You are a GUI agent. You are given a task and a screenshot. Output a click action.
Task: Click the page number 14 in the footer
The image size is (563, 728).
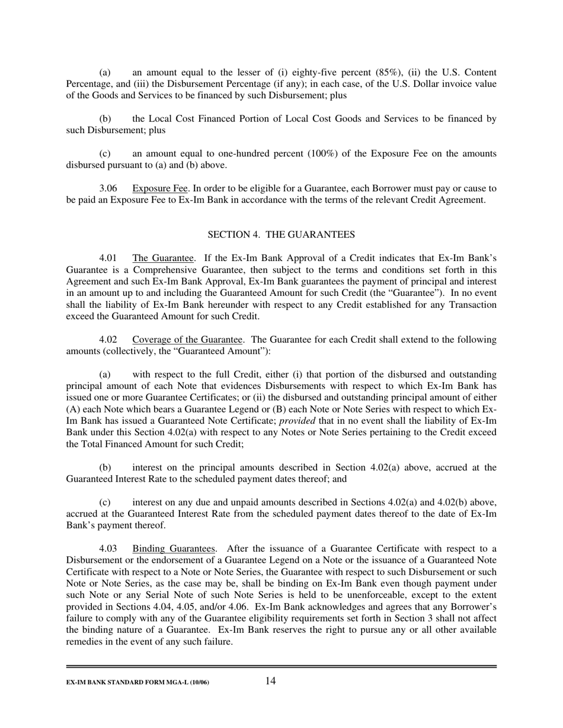point(270,681)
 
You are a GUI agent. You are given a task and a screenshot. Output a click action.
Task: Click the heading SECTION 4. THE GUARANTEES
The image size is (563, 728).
point(281,235)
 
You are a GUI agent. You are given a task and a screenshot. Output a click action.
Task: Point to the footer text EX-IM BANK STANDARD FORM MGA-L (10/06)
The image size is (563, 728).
point(137,682)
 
